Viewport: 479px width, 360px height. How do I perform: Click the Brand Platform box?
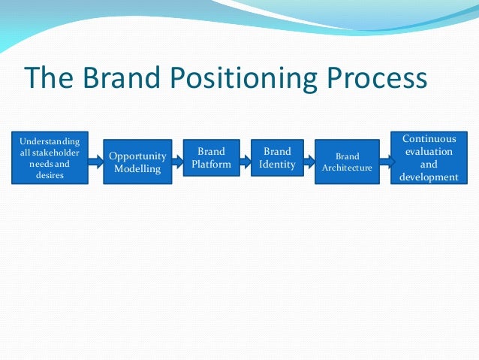[211, 157]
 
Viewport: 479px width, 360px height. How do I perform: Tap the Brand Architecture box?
[347, 162]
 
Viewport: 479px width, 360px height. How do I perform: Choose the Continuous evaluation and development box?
[428, 158]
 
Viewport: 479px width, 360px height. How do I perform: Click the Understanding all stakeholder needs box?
[49, 158]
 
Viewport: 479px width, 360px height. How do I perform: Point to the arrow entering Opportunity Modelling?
[95, 159]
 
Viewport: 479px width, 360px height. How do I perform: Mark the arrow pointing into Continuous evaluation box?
[386, 159]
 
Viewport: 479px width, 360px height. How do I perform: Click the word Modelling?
[137, 169]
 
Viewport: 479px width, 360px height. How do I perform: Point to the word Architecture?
[347, 168]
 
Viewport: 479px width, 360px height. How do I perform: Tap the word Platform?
[211, 164]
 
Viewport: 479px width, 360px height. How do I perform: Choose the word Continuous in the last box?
[428, 138]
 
